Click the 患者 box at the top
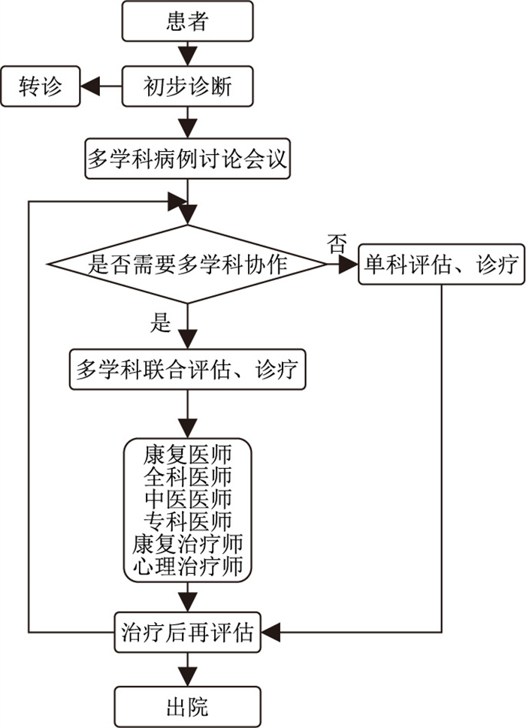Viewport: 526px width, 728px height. [x=187, y=22]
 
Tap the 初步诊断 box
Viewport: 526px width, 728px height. [x=187, y=87]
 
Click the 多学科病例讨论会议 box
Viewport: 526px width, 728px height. [x=187, y=159]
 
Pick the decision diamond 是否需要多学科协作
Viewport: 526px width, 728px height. [x=187, y=264]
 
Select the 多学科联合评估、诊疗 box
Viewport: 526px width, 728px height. [x=187, y=369]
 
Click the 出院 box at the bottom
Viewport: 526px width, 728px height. [x=187, y=707]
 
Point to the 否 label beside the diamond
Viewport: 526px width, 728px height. [x=337, y=242]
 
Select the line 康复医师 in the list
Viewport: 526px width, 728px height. [x=187, y=455]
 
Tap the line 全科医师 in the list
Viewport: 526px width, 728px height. [x=187, y=477]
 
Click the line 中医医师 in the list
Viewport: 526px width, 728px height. [x=187, y=499]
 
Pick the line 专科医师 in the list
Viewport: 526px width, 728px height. [x=187, y=521]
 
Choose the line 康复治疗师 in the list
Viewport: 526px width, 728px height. [x=187, y=542]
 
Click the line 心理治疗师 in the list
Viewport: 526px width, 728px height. [x=187, y=565]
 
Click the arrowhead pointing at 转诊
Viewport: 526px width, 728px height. [x=89, y=87]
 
